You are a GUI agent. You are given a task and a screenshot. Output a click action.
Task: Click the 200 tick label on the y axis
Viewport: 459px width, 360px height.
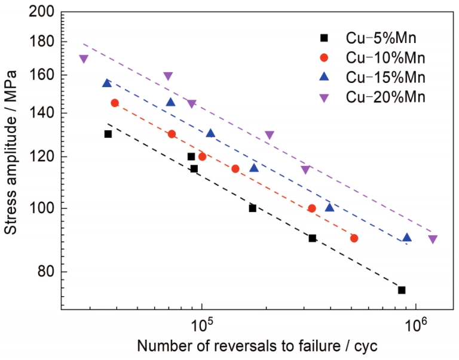click(x=44, y=13)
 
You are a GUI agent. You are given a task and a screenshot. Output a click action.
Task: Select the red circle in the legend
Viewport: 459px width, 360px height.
click(x=325, y=58)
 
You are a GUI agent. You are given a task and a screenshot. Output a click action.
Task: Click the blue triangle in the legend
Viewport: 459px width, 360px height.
click(x=325, y=76)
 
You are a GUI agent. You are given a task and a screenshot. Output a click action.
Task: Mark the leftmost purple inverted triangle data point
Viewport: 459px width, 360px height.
click(x=84, y=59)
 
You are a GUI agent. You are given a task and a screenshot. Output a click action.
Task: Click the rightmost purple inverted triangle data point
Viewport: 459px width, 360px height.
click(x=433, y=239)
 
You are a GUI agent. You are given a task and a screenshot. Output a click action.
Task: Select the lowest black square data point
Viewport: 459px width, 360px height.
click(x=402, y=290)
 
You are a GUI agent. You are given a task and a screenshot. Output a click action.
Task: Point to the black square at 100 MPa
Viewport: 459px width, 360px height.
click(x=253, y=208)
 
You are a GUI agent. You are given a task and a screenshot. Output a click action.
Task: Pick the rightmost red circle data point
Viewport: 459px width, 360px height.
click(x=354, y=238)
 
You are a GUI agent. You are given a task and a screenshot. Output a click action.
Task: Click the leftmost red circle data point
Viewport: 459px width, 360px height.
click(x=115, y=103)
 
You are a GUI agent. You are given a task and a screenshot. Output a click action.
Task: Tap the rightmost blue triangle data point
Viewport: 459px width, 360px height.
click(x=407, y=237)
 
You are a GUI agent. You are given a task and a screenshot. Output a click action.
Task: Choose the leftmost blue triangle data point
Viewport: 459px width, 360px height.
click(x=107, y=83)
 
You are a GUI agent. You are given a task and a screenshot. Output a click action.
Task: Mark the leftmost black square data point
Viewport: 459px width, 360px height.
click(x=108, y=134)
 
